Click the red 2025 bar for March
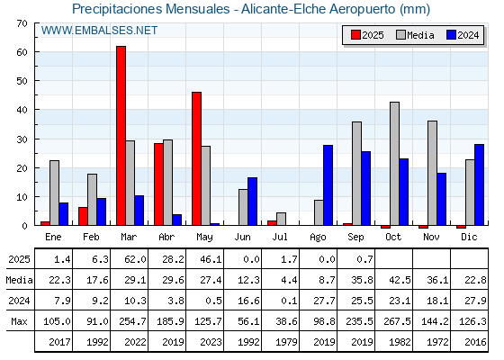121,136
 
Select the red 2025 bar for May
197,158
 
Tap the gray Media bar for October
395,164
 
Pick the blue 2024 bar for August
328,185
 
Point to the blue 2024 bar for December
479,184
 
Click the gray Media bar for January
54,193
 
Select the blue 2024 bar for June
252,202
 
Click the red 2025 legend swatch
355,35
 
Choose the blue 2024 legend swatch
451,35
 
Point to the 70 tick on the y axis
22,23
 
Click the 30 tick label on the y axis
22,139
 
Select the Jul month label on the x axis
280,237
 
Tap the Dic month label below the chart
469,237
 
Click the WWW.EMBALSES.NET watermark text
99,31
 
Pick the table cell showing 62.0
135,259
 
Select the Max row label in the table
19,321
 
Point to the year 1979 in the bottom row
286,342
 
